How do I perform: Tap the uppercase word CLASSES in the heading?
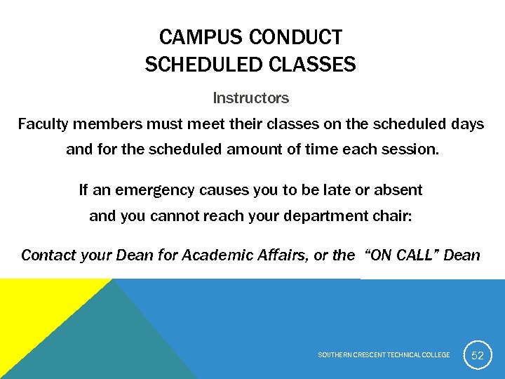tap(311, 65)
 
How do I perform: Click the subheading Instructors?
tap(251, 98)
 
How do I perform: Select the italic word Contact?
tap(48, 255)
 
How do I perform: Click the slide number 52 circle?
tap(477, 355)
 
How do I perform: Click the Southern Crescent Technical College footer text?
tap(384, 355)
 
